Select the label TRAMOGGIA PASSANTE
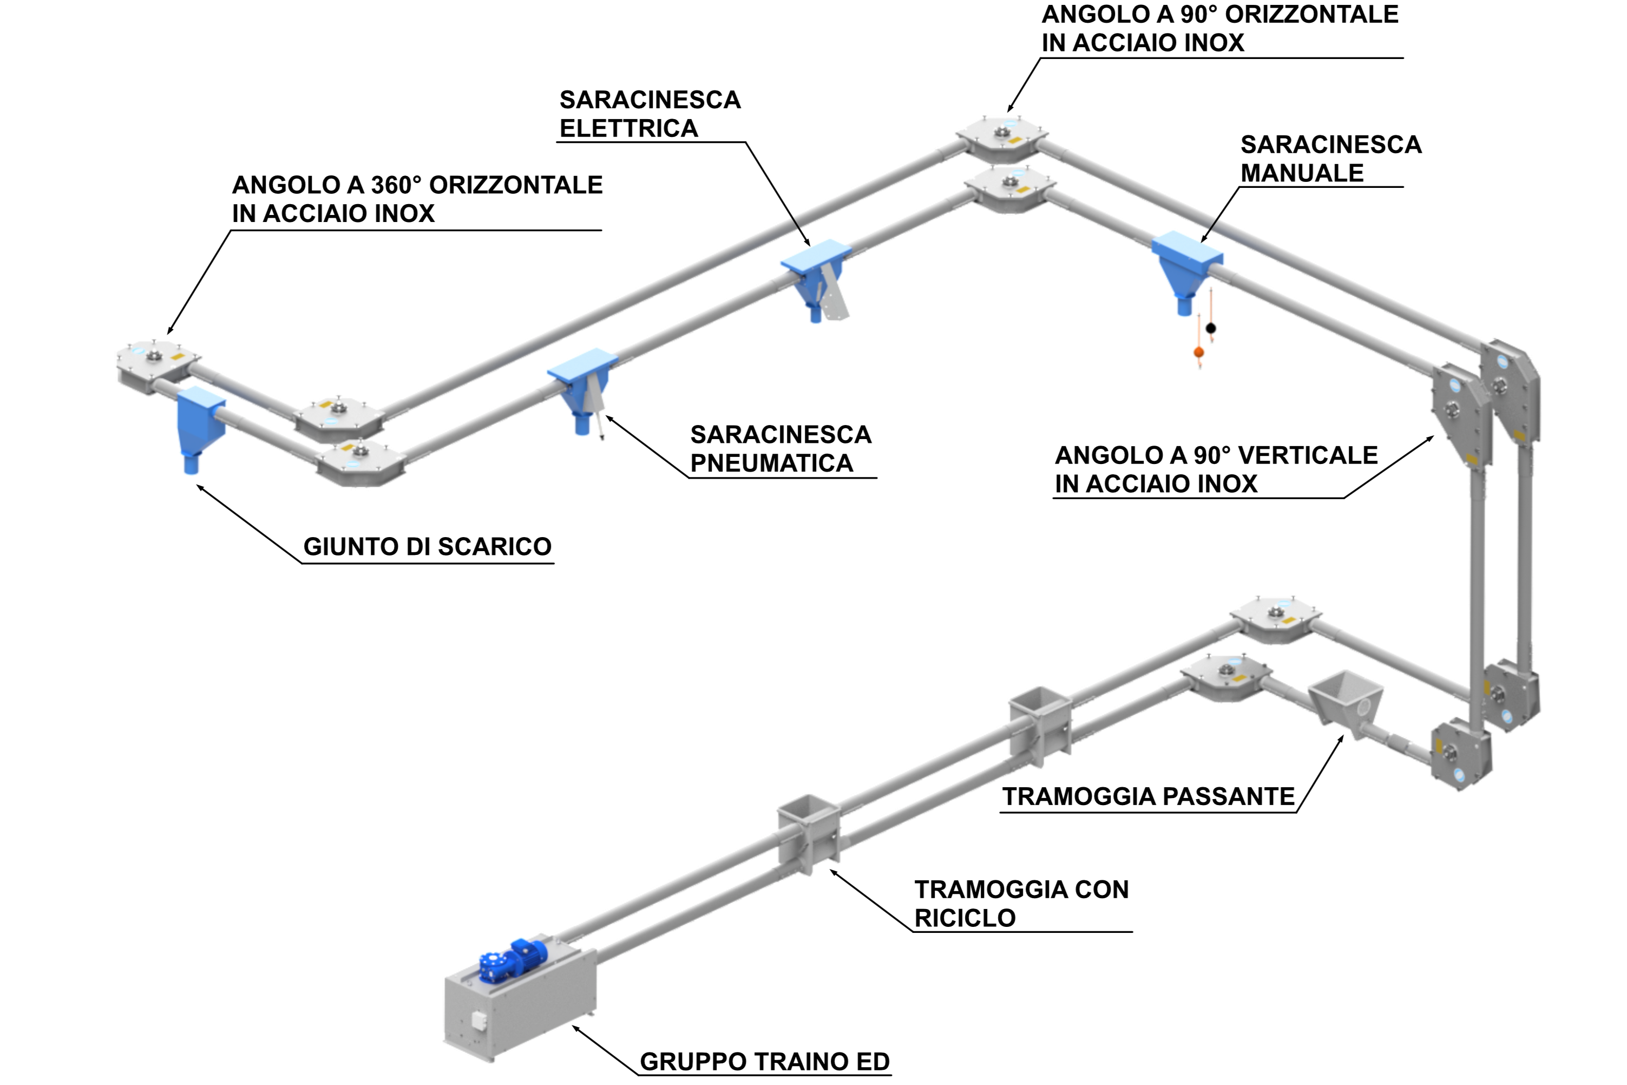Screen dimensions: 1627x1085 [1149, 796]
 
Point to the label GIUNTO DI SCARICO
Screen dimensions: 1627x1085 [428, 547]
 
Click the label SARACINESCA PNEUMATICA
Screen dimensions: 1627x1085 [781, 448]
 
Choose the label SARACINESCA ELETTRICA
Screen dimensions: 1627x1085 [650, 114]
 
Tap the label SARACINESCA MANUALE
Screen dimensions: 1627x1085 [1331, 159]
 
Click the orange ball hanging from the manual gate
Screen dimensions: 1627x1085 [1199, 353]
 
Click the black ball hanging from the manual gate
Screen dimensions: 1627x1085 [1211, 328]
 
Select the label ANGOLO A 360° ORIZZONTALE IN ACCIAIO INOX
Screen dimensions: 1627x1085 [417, 199]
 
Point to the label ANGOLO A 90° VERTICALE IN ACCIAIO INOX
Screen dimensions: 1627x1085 [1216, 469]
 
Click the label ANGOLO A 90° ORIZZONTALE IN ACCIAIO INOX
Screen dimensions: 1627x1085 [1220, 28]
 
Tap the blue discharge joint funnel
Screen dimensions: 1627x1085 [199, 429]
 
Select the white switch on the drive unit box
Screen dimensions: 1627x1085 [478, 1020]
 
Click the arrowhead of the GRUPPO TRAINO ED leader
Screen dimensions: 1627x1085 [574, 1027]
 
